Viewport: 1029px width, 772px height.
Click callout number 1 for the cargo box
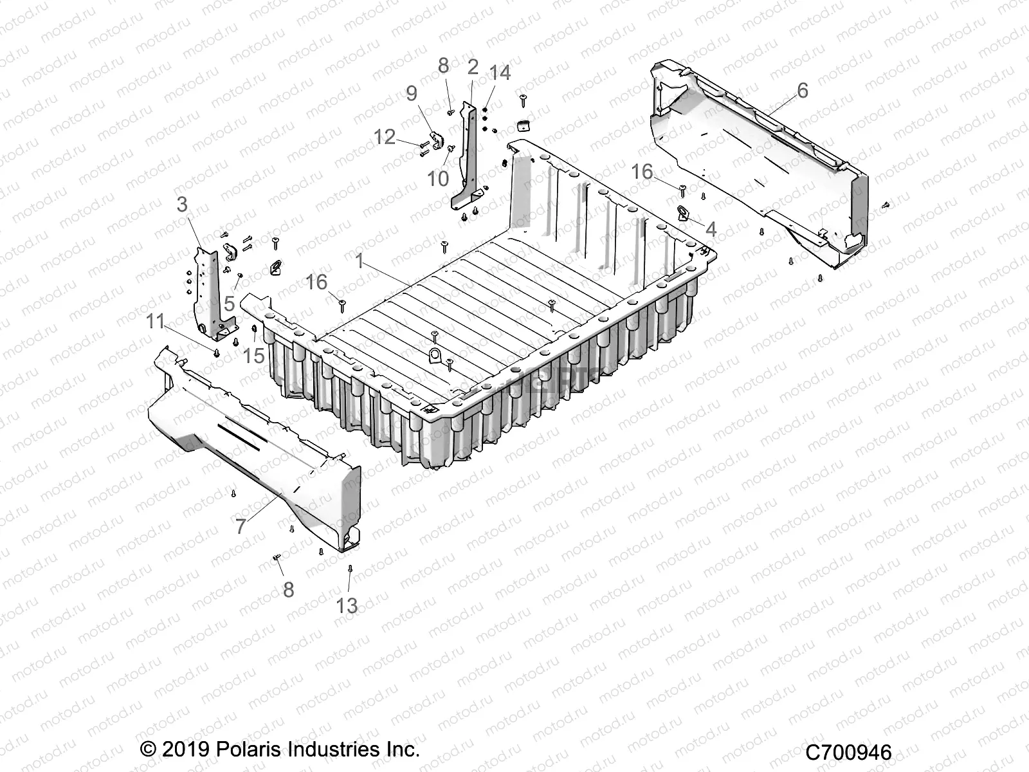tap(360, 261)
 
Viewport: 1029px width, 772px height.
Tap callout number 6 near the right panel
tap(802, 90)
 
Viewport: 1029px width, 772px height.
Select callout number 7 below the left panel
tap(241, 527)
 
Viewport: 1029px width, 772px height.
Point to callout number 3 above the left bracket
tap(182, 205)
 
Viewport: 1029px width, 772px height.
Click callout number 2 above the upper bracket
tap(473, 66)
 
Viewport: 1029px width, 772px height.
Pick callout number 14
tap(500, 73)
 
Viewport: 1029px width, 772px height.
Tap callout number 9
tap(412, 95)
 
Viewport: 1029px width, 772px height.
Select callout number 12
tap(385, 136)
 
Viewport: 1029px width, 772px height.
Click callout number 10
tap(438, 178)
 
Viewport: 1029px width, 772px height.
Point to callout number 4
tap(710, 229)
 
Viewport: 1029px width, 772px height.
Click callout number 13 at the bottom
tap(347, 605)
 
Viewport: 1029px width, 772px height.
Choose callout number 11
tap(155, 321)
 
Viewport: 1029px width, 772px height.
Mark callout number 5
tap(230, 303)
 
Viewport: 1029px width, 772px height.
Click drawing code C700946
tap(848, 752)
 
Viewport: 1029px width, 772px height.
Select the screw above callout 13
tap(350, 569)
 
